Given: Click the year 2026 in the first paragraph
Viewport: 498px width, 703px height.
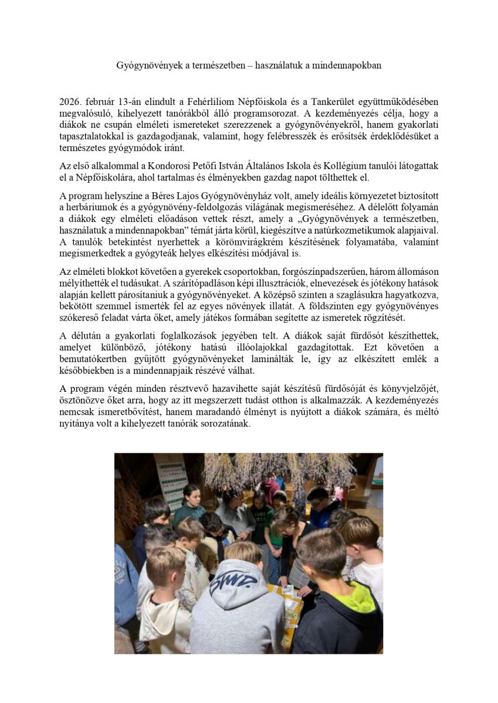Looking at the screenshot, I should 70,101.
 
